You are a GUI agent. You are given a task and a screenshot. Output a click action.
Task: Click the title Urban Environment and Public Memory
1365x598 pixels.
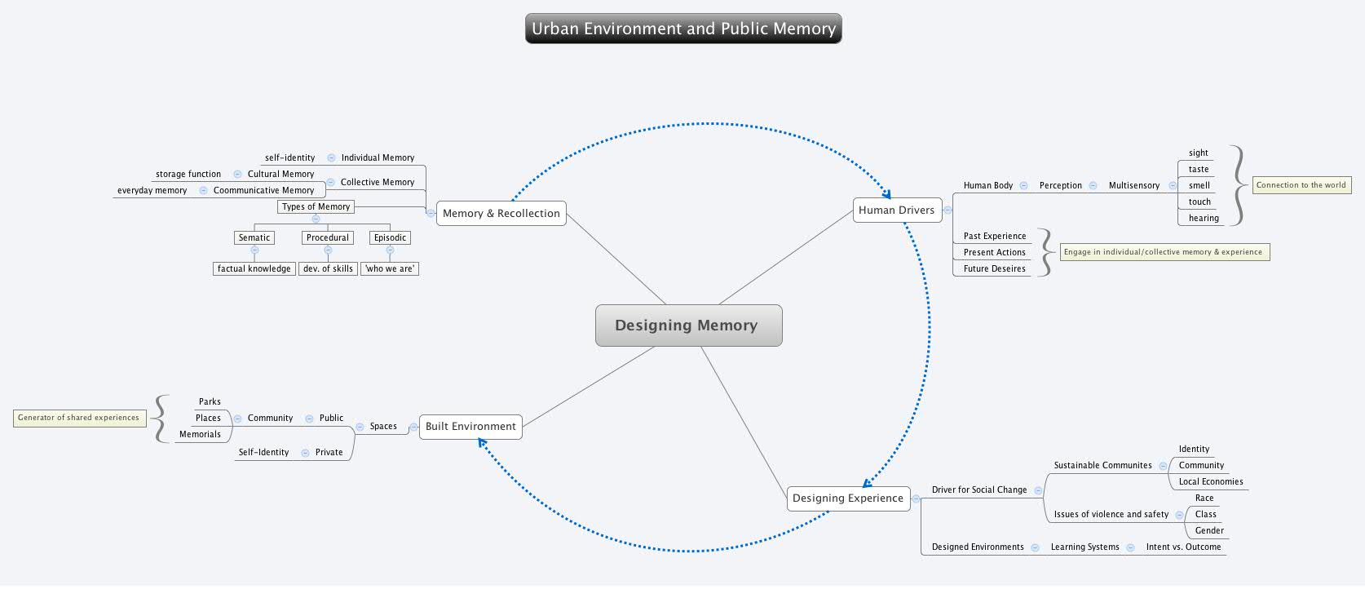[x=683, y=29]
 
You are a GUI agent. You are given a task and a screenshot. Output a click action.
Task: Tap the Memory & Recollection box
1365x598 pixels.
[x=501, y=214]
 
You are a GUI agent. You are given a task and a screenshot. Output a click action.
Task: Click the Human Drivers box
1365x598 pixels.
[x=896, y=210]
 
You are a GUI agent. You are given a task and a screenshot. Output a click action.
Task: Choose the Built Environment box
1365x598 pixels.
[x=470, y=427]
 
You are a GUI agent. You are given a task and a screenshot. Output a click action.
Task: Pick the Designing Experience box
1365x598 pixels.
[x=847, y=498]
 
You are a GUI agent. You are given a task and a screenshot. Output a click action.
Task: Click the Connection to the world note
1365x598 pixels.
[x=1301, y=185]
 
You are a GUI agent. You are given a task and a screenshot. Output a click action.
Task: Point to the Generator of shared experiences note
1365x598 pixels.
[x=79, y=418]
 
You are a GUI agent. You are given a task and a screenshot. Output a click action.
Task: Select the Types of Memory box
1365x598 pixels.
[x=316, y=207]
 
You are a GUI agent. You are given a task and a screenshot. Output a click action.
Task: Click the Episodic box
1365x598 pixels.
[x=390, y=238]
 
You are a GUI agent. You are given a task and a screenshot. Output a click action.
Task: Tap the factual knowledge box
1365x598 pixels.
[x=254, y=268]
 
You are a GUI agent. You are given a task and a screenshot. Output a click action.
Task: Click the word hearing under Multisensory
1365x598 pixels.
[x=1204, y=219]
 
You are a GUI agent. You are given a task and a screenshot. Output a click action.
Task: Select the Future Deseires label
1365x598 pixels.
[x=994, y=269]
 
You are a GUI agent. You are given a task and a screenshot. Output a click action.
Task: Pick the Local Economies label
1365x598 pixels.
[x=1210, y=482]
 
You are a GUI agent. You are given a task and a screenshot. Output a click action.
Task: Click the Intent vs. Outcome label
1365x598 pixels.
[x=1183, y=547]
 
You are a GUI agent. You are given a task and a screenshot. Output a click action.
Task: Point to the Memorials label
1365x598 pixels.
[x=200, y=435]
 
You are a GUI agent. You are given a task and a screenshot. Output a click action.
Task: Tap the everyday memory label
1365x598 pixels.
[x=152, y=191]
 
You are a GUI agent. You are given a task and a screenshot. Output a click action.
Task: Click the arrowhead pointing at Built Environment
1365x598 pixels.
[x=482, y=443]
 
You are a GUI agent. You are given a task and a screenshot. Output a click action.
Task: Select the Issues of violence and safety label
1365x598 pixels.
[x=1111, y=515]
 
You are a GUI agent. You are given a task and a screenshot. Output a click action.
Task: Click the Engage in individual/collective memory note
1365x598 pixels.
[x=1163, y=252]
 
